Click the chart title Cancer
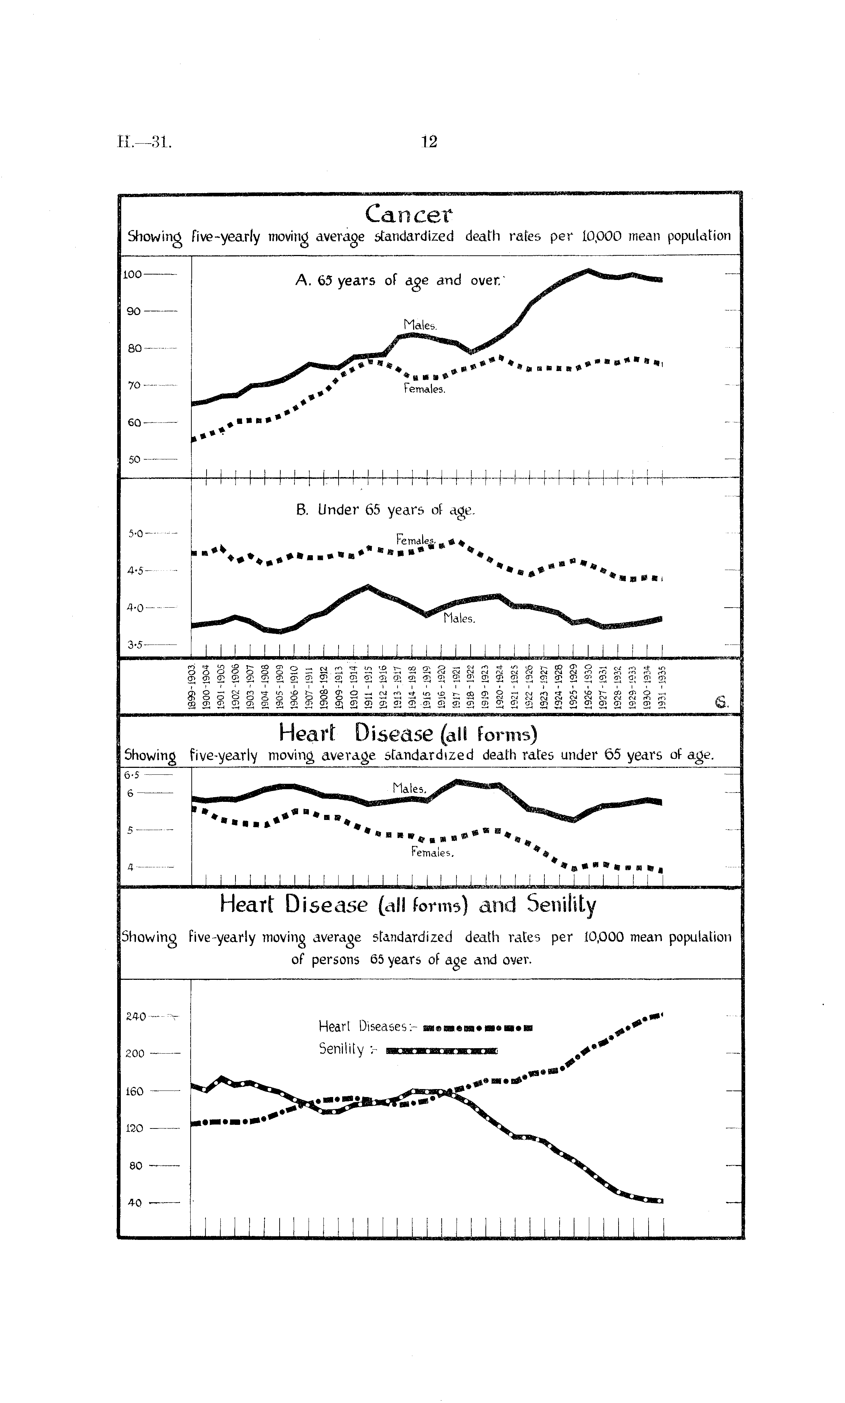click(409, 214)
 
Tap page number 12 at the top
click(429, 141)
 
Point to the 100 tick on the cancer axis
click(133, 274)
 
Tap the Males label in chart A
click(420, 325)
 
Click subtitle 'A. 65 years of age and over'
click(399, 281)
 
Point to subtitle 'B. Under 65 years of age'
click(385, 510)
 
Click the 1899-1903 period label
click(192, 686)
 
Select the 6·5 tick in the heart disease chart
click(132, 775)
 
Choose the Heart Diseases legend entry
click(425, 1027)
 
